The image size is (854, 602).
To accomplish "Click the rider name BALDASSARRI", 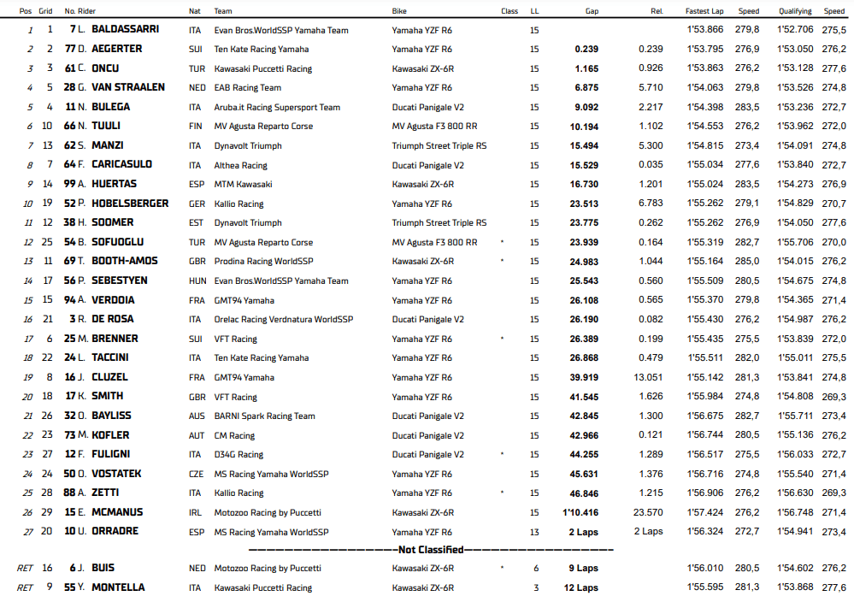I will coord(125,29).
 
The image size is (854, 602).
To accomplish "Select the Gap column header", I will coord(592,11).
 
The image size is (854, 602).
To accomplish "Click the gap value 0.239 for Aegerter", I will coord(586,49).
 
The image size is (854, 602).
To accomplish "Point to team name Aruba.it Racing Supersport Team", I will coord(277,107).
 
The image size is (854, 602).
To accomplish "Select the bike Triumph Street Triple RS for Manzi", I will coord(439,145).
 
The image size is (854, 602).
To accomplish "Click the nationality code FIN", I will coord(197,127).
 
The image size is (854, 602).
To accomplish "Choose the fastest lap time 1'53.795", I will coord(704,49).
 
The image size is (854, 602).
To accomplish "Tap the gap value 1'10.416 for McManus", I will coord(580,512).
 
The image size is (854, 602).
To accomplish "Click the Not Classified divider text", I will coord(431,550).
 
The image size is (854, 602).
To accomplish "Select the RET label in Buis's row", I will coord(25,568).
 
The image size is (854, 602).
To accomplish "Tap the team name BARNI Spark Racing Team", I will coord(265,416).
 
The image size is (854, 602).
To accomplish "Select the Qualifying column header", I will coord(795,11).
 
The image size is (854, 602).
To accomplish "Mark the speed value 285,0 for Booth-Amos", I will coord(749,261).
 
